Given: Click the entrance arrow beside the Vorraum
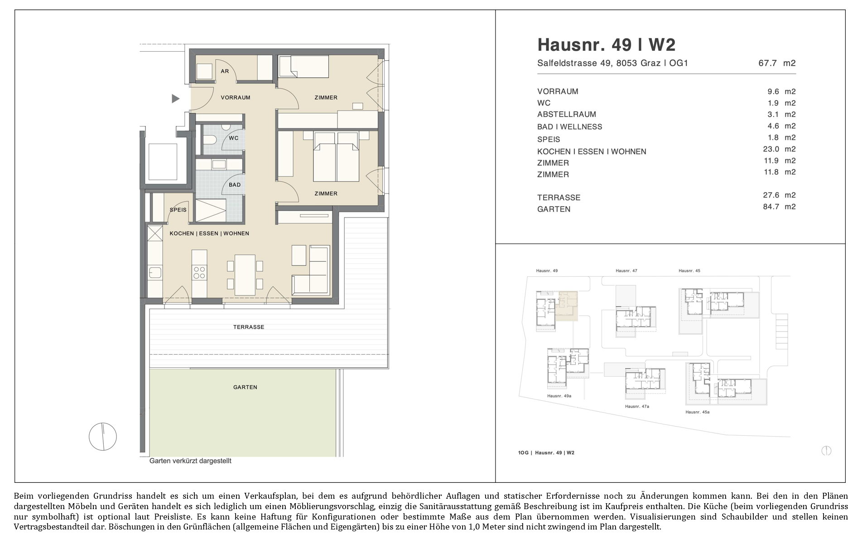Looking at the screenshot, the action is [x=175, y=98].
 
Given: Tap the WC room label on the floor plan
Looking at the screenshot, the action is [x=233, y=138].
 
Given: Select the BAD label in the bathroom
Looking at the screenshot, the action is [x=235, y=185].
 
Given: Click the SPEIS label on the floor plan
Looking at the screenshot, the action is [x=178, y=210].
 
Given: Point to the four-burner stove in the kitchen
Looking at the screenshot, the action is [x=199, y=272].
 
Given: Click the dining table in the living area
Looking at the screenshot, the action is [x=245, y=275].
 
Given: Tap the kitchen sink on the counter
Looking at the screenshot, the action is [x=155, y=273].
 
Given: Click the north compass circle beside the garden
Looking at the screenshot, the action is [x=103, y=437].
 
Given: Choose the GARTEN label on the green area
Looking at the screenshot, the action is [x=245, y=387].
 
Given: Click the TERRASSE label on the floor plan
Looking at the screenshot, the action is [x=249, y=327].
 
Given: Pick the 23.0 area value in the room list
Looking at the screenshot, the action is [x=779, y=149].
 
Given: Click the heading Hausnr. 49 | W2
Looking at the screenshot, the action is [x=606, y=45].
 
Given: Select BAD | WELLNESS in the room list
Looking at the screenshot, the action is [x=570, y=127].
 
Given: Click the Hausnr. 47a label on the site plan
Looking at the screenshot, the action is [x=637, y=406].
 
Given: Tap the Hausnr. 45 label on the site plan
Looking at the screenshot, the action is [x=689, y=271].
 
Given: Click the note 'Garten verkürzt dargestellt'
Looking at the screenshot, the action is [x=190, y=461].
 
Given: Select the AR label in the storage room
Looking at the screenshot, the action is [x=225, y=71].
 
